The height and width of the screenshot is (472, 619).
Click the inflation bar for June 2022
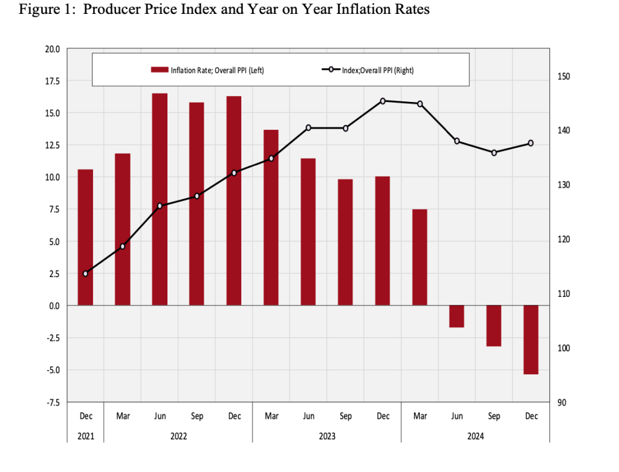click(160, 199)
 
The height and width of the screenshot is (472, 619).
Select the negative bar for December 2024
click(531, 340)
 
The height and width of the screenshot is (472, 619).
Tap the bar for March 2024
click(420, 257)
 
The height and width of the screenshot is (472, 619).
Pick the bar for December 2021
click(85, 237)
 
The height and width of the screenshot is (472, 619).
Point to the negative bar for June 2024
click(456, 316)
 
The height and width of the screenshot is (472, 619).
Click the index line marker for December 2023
click(383, 101)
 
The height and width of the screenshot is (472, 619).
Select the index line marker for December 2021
click(85, 273)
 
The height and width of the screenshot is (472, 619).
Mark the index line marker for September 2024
click(494, 153)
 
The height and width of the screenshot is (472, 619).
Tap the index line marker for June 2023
click(308, 128)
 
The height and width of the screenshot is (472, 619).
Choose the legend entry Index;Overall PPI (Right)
click(366, 70)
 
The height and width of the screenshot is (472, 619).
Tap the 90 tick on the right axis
click(562, 403)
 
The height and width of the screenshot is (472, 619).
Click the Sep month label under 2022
click(197, 416)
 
